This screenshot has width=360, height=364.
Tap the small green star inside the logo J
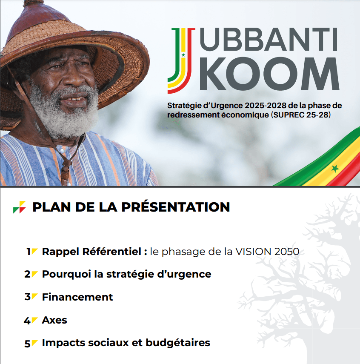183,55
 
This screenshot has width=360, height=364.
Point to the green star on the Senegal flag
335,168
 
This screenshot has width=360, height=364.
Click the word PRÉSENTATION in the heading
176,207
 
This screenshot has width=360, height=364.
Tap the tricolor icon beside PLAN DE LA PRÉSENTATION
19,207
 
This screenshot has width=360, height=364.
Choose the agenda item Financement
77,297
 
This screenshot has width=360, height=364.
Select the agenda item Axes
54,320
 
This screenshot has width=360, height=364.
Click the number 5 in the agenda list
27,344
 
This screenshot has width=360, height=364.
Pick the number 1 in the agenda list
29,252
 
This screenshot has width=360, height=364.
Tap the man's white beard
64,113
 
